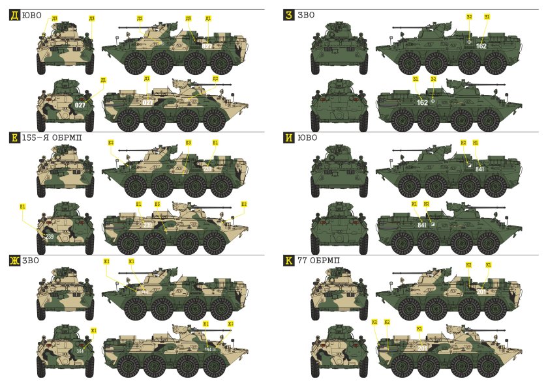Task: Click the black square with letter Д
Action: pos(14,14)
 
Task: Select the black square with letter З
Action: pos(288,14)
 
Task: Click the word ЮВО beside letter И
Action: pos(307,138)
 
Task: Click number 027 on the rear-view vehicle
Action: pos(80,104)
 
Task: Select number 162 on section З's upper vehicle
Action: pos(481,46)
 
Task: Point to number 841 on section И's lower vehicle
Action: pos(422,225)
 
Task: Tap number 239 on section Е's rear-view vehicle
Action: pos(50,236)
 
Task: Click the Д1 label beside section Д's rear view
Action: pos(102,80)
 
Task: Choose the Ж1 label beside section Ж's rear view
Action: pos(94,331)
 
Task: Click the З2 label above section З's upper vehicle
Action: pos(469,17)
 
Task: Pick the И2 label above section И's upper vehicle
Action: pos(463,142)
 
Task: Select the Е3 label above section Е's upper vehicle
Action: pos(188,142)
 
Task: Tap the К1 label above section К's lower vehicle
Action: pos(419,328)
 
